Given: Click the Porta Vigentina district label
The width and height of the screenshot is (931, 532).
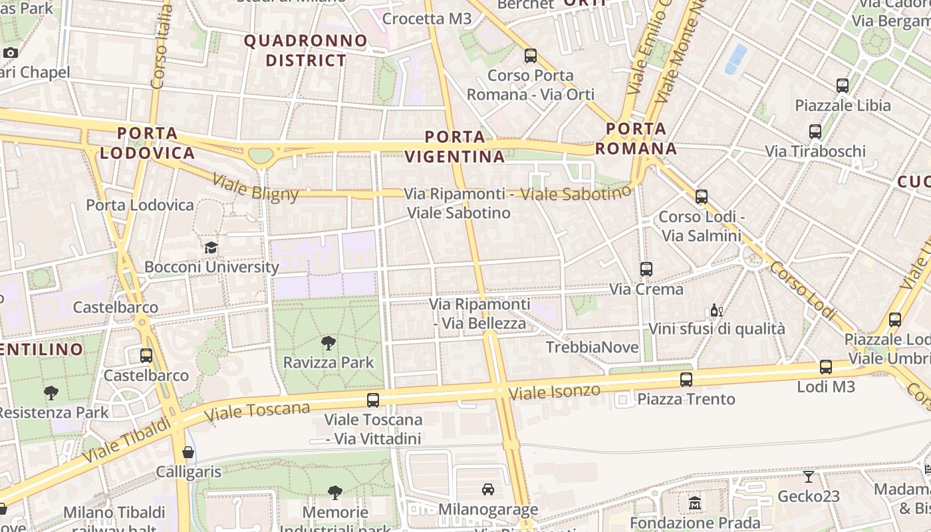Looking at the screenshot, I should click(456, 147).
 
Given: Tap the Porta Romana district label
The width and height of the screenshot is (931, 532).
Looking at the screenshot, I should click(636, 138).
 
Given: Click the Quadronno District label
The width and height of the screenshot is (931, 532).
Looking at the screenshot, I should click(306, 51).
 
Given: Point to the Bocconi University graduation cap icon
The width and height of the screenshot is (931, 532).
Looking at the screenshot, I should click(211, 248).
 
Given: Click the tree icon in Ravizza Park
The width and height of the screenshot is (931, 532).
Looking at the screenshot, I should click(328, 343).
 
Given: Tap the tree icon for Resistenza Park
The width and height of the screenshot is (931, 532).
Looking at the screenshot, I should click(51, 393).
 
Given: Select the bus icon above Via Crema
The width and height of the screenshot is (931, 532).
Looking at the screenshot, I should click(646, 269).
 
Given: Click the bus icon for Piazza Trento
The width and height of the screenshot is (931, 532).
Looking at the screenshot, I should click(686, 380).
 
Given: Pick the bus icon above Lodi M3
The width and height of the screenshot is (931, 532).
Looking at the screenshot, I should click(826, 367).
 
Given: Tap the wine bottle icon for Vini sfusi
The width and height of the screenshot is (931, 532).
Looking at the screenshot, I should click(716, 311).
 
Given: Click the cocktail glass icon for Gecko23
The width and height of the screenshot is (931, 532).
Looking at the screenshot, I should click(809, 477).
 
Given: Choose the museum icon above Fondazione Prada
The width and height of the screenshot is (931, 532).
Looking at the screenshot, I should click(695, 503).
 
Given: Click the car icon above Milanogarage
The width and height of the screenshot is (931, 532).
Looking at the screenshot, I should click(488, 489).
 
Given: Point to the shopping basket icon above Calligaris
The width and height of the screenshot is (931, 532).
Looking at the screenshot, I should click(189, 453).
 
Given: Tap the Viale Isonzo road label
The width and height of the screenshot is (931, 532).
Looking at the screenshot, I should click(554, 391).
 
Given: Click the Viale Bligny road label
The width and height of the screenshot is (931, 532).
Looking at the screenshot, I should click(255, 187).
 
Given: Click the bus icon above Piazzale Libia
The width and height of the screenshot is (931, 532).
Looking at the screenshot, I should click(843, 86).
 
